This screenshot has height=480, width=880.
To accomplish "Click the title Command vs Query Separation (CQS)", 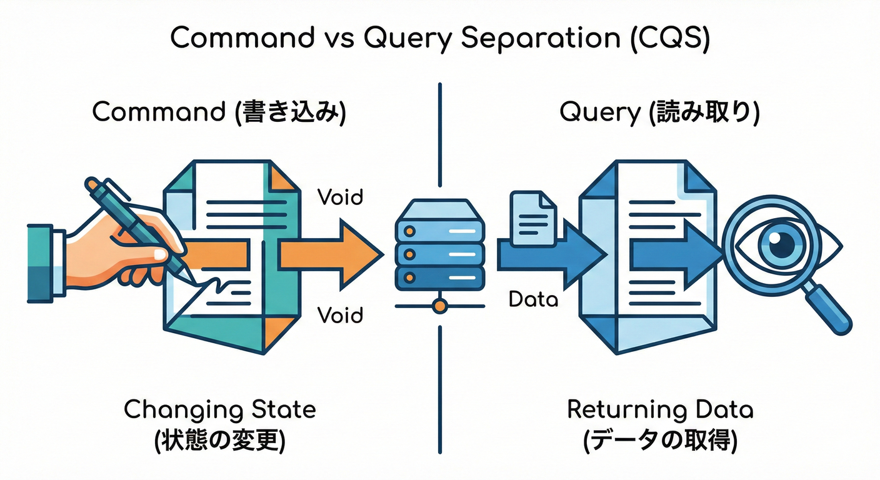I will [439, 39].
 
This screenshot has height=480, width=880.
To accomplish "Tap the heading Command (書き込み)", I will [219, 113].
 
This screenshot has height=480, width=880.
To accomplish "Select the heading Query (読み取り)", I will [659, 113].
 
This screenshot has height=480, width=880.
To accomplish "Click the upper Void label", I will [340, 197].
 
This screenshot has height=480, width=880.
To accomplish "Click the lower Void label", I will [340, 314].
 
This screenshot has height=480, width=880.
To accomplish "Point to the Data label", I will [532, 299].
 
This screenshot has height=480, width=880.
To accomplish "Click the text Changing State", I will [220, 410].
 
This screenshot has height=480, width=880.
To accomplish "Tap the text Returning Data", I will [660, 410].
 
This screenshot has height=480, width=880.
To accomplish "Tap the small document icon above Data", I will [533, 218].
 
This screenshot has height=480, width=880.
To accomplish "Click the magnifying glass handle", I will [828, 309].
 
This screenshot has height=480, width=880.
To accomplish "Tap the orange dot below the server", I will [440, 306].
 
